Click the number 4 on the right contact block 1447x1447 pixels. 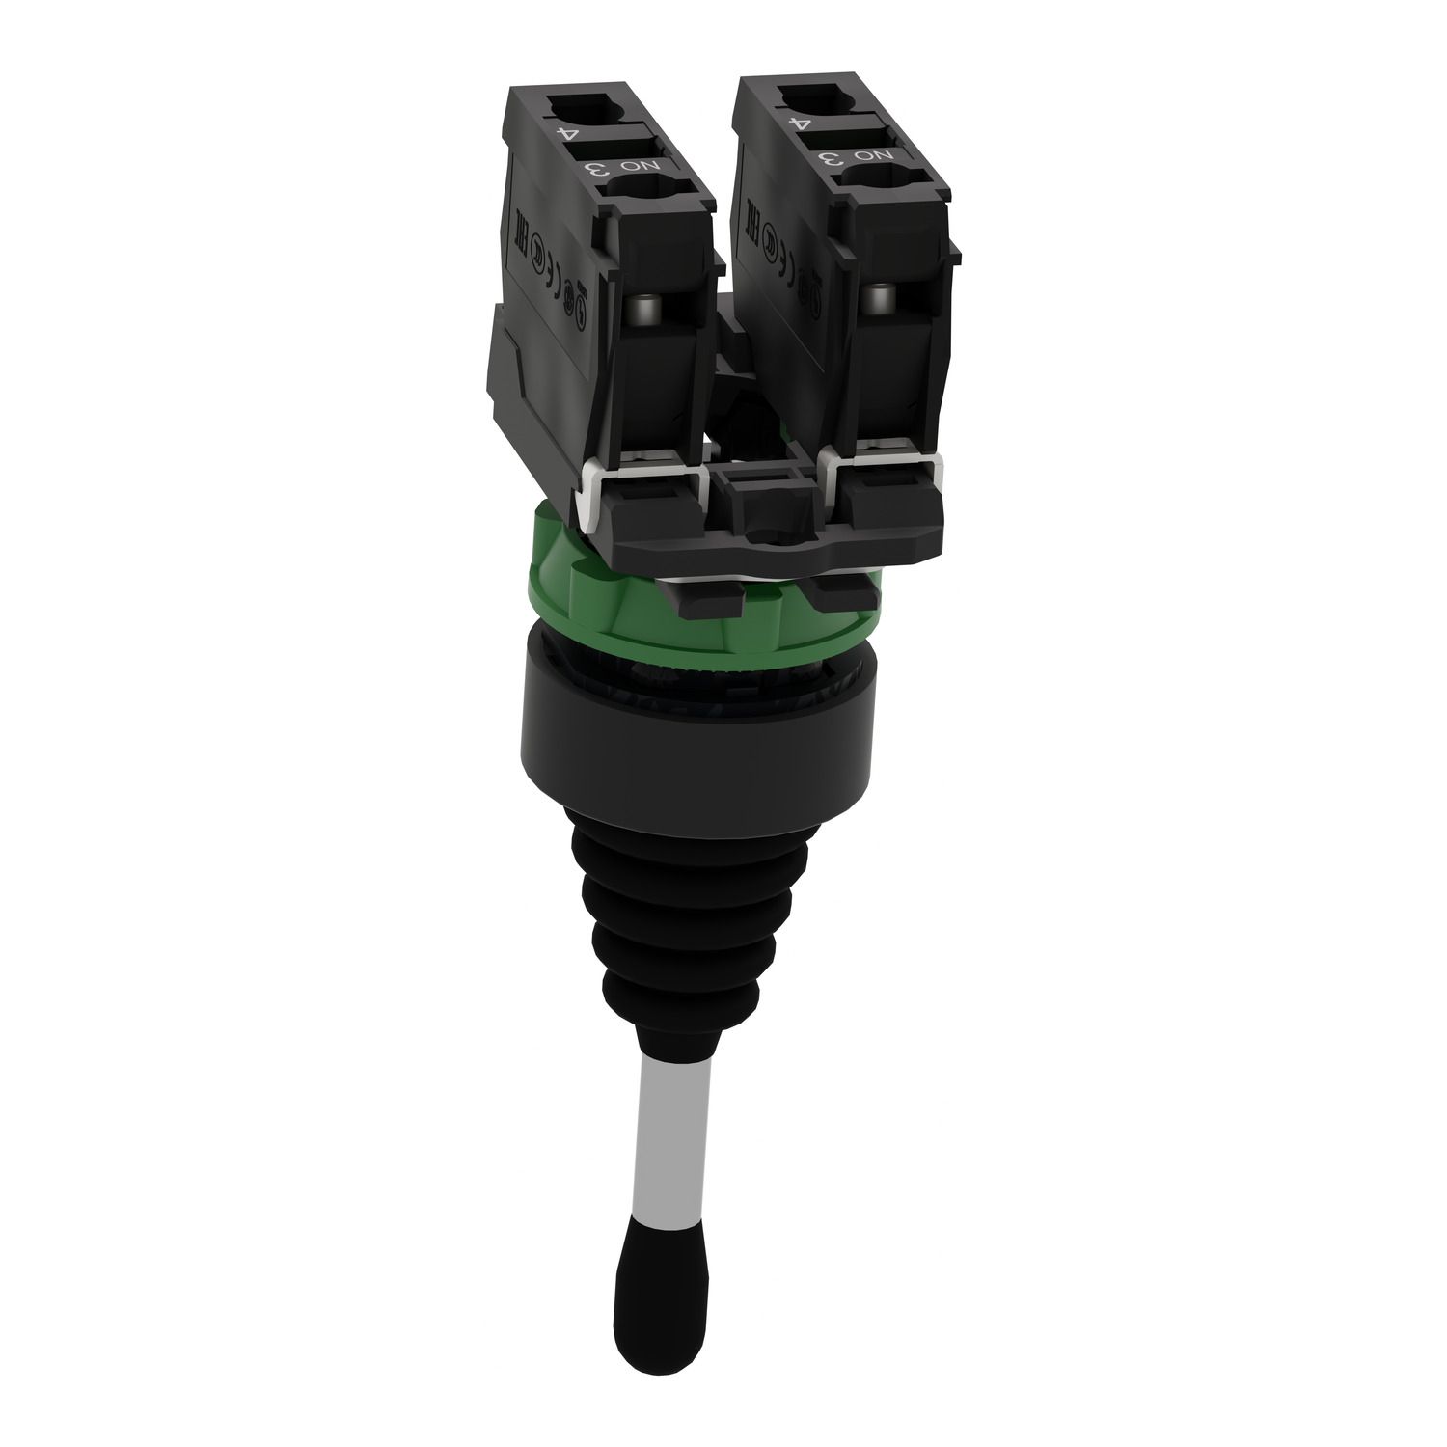pos(797,123)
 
